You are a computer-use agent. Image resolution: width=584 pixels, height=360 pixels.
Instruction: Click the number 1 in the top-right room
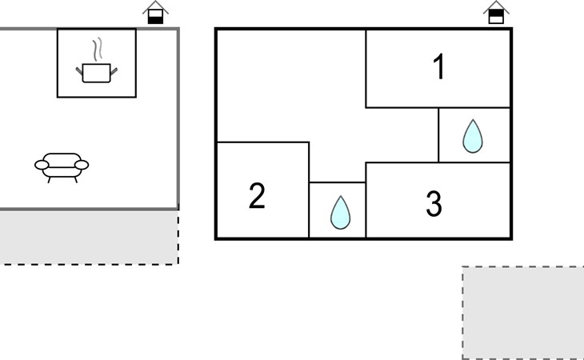[438, 69]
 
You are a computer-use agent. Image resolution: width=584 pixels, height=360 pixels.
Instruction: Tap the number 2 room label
[257, 196]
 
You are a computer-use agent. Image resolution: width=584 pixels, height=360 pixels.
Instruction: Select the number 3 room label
[434, 205]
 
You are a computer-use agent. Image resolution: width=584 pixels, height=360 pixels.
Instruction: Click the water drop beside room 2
[341, 212]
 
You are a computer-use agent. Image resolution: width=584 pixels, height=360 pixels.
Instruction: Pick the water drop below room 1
[473, 136]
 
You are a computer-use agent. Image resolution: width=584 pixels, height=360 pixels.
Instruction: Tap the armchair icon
[62, 166]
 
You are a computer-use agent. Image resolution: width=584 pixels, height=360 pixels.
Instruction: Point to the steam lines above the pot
[98, 50]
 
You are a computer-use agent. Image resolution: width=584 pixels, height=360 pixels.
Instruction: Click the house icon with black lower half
[156, 14]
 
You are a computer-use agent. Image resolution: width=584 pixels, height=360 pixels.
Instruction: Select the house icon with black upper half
[496, 13]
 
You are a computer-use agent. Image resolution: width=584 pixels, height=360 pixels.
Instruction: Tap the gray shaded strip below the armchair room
[88, 237]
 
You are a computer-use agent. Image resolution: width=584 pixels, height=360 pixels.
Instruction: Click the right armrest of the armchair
[81, 166]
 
